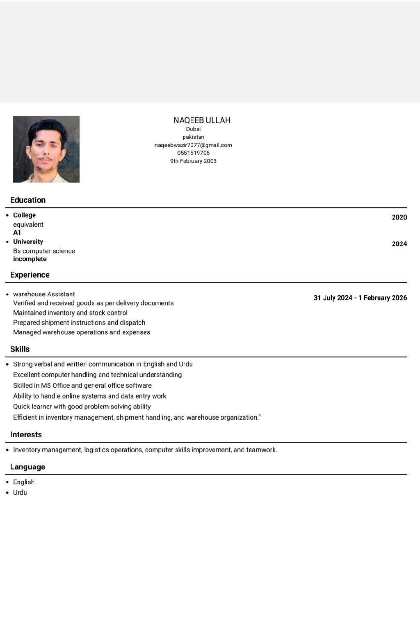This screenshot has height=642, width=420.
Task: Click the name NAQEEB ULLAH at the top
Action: point(202,120)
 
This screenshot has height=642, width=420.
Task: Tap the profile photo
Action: point(46,149)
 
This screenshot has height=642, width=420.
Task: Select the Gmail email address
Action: point(193,145)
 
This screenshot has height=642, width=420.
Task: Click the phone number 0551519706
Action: point(193,153)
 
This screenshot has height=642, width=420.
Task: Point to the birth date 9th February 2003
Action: point(193,161)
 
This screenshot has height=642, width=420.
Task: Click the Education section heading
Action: point(28,200)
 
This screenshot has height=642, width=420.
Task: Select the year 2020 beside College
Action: point(399,217)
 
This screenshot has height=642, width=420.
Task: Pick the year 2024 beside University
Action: point(399,244)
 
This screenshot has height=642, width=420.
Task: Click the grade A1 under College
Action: point(17,233)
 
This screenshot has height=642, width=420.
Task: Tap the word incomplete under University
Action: point(30,259)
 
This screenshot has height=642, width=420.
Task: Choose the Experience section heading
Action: point(30,275)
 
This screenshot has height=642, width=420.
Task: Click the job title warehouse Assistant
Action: point(44,294)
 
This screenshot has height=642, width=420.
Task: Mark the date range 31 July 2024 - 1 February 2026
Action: point(360,298)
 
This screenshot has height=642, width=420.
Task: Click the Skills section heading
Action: point(20,349)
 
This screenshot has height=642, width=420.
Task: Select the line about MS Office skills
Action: point(82,386)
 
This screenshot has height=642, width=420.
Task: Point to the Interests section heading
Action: point(26,434)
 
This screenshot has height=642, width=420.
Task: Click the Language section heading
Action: point(28,467)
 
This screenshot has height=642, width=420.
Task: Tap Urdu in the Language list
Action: point(20,493)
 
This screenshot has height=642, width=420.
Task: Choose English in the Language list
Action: point(24,482)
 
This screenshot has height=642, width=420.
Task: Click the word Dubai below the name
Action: point(193,129)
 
